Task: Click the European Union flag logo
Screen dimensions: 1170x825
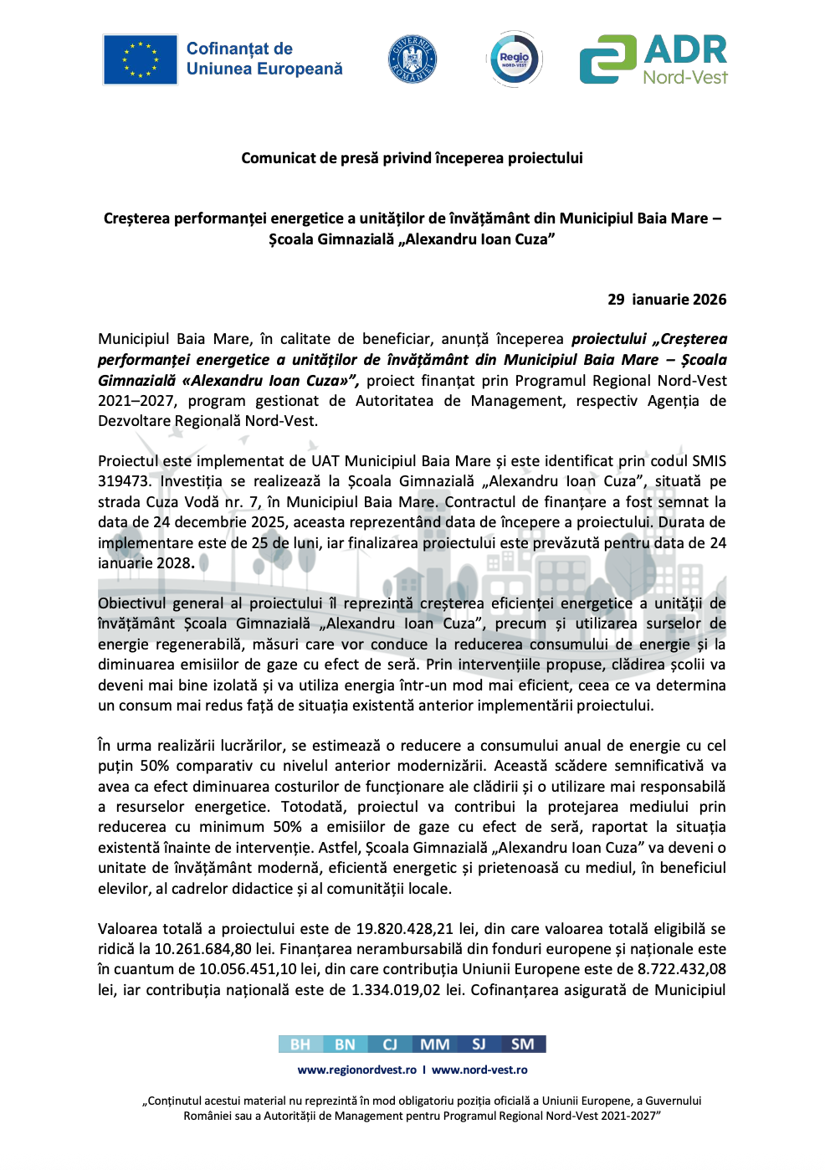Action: [x=140, y=59]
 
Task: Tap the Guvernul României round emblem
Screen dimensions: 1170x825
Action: [x=412, y=59]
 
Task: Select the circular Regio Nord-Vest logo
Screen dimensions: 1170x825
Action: [x=514, y=59]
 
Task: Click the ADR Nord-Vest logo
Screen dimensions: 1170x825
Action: [x=653, y=59]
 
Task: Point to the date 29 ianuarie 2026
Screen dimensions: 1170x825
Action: [x=667, y=300]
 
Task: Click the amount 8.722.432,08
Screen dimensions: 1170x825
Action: [x=681, y=969]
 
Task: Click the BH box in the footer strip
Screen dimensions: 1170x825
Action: [x=300, y=1044]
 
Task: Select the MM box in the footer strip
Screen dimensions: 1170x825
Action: [x=434, y=1044]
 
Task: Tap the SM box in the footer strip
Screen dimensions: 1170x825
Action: [x=523, y=1044]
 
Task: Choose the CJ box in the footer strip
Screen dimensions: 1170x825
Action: [x=390, y=1044]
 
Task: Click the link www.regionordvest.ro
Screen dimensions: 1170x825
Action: [x=357, y=1070]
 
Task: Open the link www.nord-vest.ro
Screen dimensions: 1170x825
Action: [x=479, y=1070]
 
